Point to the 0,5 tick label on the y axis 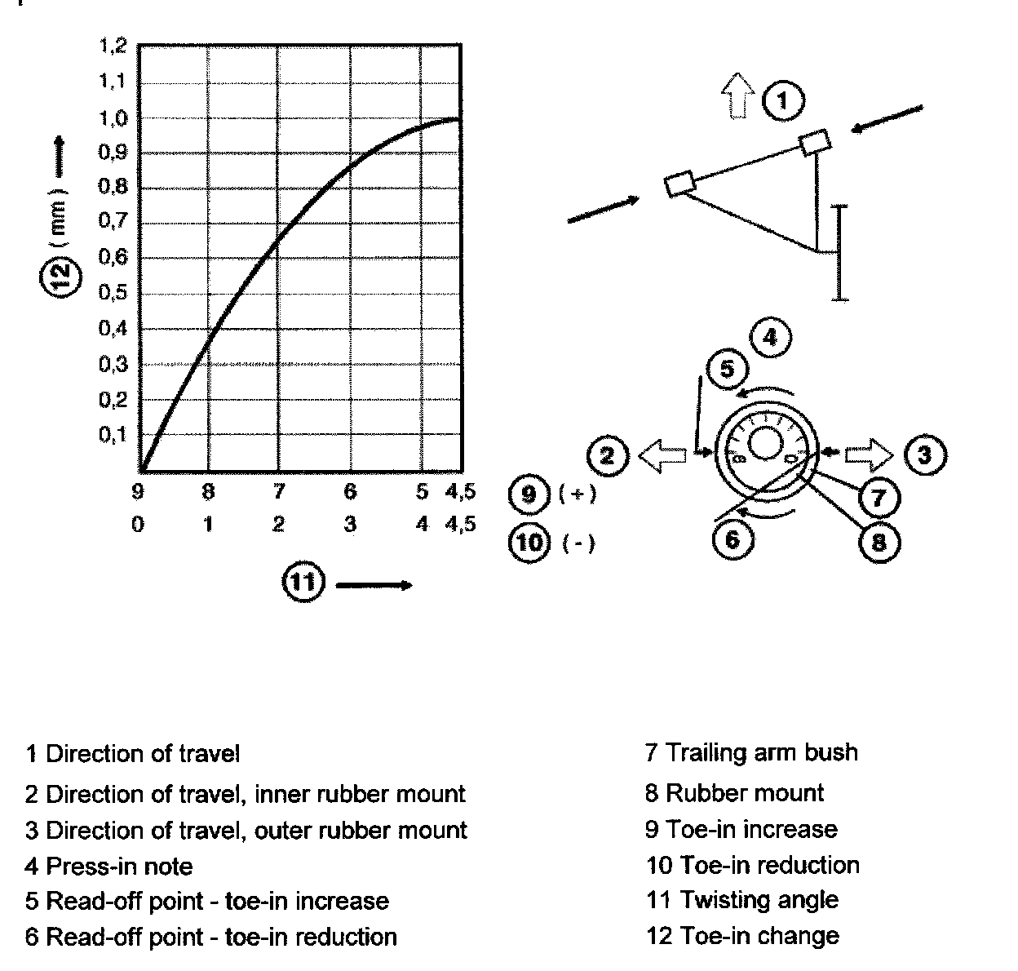pos(113,293)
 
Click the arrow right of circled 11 pos(373,584)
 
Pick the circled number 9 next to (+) pos(529,494)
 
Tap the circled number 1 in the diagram pos(783,101)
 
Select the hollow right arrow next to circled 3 pos(870,454)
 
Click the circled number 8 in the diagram pos(879,541)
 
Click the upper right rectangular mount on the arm pos(816,143)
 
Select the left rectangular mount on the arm pos(679,182)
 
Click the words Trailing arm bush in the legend pos(762,752)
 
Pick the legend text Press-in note pos(119,866)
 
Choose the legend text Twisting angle pos(759,900)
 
